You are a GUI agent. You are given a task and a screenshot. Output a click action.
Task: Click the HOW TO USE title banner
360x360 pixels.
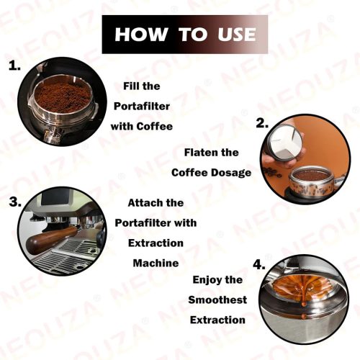click(x=179, y=35)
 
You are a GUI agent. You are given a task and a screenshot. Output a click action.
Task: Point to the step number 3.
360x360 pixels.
click(x=15, y=202)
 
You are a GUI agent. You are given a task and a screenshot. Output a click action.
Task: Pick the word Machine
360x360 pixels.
click(x=156, y=263)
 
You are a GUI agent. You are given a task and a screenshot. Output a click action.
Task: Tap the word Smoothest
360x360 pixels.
click(x=217, y=300)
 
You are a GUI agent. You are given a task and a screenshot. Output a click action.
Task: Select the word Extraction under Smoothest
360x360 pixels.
click(x=217, y=320)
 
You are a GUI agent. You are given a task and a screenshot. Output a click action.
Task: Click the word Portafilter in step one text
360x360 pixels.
click(x=143, y=106)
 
